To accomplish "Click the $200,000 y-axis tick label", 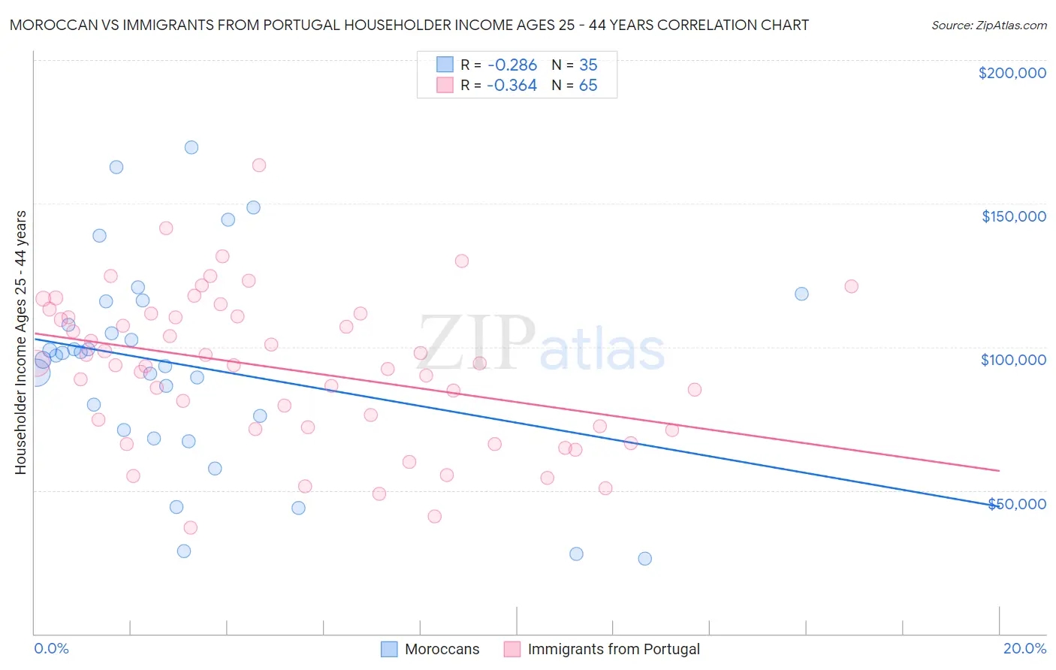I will click(x=1012, y=73).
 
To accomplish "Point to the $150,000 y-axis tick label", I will click(x=1013, y=216).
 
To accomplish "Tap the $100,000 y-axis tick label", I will click(x=1013, y=360).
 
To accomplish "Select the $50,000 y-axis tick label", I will click(x=1016, y=503).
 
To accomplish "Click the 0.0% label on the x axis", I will click(x=51, y=648).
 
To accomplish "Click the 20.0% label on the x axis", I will click(x=1024, y=648).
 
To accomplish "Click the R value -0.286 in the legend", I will click(x=511, y=65).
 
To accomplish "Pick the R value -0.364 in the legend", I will click(x=511, y=86).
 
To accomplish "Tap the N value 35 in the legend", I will click(x=588, y=65).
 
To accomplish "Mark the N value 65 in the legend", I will click(x=588, y=86).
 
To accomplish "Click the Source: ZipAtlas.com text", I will click(x=988, y=25).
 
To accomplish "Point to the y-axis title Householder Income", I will click(x=20, y=342).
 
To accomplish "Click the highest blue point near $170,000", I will click(x=192, y=147).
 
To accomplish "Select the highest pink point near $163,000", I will click(x=259, y=165).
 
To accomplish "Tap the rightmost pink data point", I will click(x=851, y=286).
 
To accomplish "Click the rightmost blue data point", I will click(x=801, y=294).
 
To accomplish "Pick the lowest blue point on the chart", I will click(x=644, y=559).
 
